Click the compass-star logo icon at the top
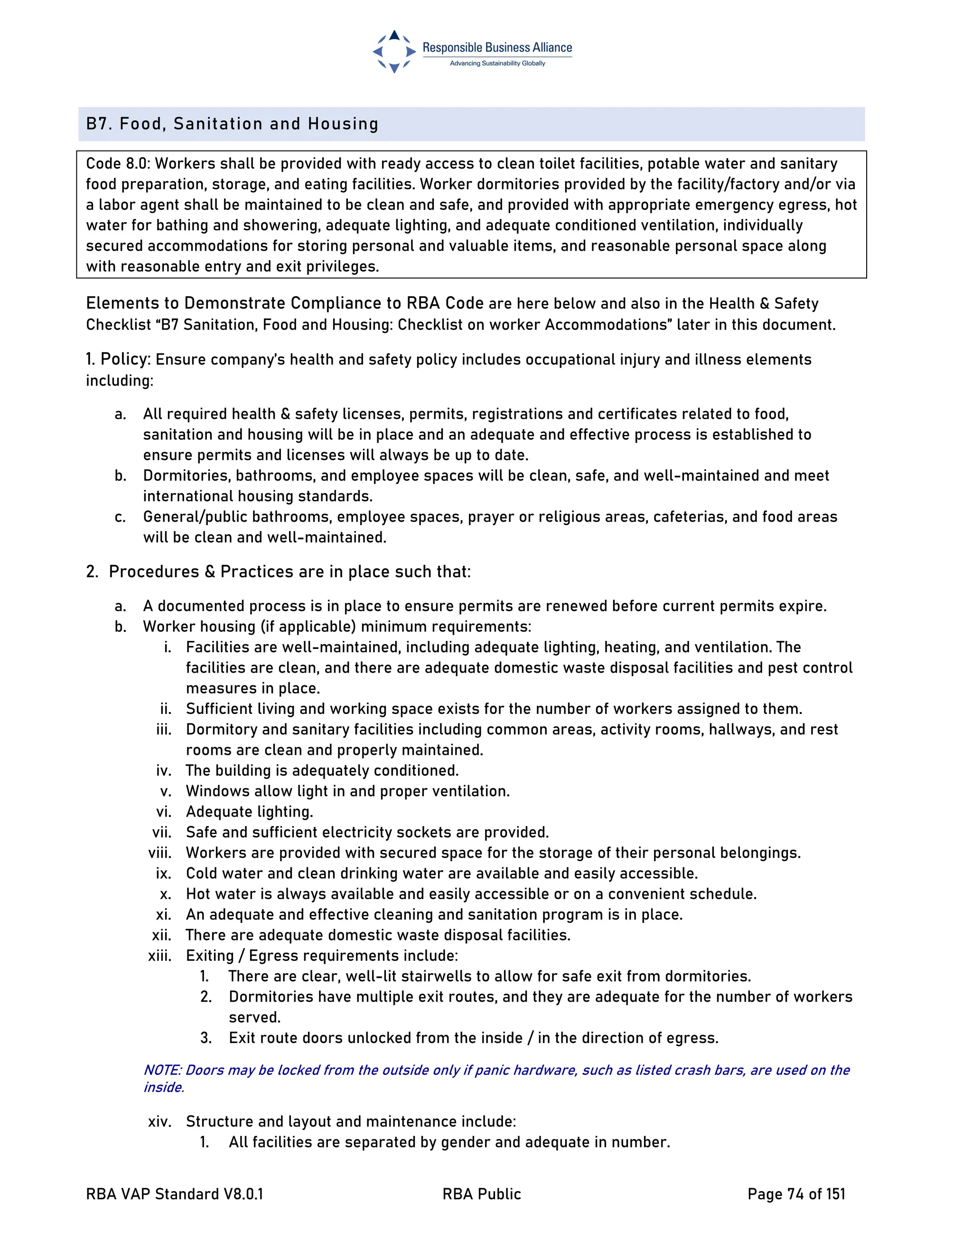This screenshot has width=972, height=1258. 394,52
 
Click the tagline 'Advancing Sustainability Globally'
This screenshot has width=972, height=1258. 497,63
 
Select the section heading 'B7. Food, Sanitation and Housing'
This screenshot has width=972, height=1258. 232,124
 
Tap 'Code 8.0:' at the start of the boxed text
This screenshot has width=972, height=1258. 118,164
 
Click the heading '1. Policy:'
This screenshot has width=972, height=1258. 118,359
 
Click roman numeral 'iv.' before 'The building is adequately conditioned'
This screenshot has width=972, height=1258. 164,770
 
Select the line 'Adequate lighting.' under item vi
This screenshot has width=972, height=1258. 249,812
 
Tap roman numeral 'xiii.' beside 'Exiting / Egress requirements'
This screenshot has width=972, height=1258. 159,956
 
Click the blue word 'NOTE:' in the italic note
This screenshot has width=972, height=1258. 162,1070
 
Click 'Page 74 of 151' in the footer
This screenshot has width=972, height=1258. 796,1194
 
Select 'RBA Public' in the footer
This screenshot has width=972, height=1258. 481,1194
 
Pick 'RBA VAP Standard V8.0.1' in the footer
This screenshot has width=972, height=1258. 175,1194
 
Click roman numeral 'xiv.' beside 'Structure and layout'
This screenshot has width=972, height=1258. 159,1121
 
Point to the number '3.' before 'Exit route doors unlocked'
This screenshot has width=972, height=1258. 206,1038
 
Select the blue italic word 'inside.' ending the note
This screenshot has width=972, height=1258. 164,1088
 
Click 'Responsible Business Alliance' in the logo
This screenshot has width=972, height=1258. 497,48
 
